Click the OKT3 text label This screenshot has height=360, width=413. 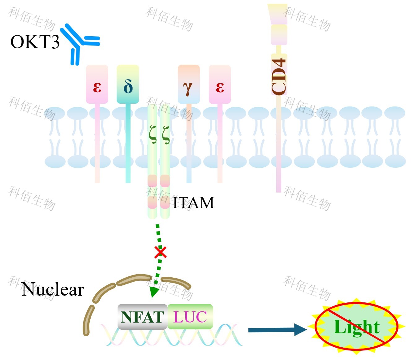pos(35,42)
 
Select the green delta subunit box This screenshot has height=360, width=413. pos(128,84)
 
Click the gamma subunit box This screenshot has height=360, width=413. pos(189,84)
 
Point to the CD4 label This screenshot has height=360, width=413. pos(279,76)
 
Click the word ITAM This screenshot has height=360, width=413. pos(193,203)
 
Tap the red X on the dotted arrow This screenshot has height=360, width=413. pos(161,252)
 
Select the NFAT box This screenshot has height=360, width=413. pos(142,317)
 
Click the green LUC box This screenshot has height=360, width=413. pos(190,317)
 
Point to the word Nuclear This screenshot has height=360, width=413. pos(53,290)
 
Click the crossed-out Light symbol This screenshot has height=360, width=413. pos(356,327)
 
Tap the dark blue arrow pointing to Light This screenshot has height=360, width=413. pos(277,330)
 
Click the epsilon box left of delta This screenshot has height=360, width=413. pos(97,84)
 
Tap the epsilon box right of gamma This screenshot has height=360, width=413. pos(220,84)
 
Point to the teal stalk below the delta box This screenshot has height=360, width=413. pos(128,142)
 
